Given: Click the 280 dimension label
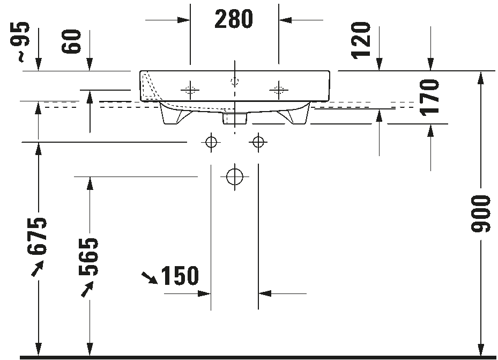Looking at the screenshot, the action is coord(234,19).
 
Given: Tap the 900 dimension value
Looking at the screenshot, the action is coord(481,214).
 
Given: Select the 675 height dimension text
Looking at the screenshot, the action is coord(37,237).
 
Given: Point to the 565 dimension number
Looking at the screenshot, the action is coord(88,256).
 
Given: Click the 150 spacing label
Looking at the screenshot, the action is coord(180,275).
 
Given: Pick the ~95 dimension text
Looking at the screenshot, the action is coord(23,42).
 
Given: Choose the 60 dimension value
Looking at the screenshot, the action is coord(71,41).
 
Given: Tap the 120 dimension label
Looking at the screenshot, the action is coord(361,40).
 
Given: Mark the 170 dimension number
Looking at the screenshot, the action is coord(429,97).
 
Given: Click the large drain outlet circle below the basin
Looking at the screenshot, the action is coord(235,177).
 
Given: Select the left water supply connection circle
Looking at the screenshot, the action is coord(211,142).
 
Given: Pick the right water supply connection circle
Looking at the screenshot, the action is coord(258,142).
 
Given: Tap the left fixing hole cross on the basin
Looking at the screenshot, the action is coord(190,90).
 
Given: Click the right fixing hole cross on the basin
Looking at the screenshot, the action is coord(279,90).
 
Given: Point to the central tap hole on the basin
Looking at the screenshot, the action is coord(235,82).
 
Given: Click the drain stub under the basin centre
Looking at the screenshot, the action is coord(235,118).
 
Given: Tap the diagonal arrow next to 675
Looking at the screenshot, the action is coord(37,269).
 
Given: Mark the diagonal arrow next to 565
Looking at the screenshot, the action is coord(87,289).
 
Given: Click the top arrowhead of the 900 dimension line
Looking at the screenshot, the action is coord(481,78).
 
